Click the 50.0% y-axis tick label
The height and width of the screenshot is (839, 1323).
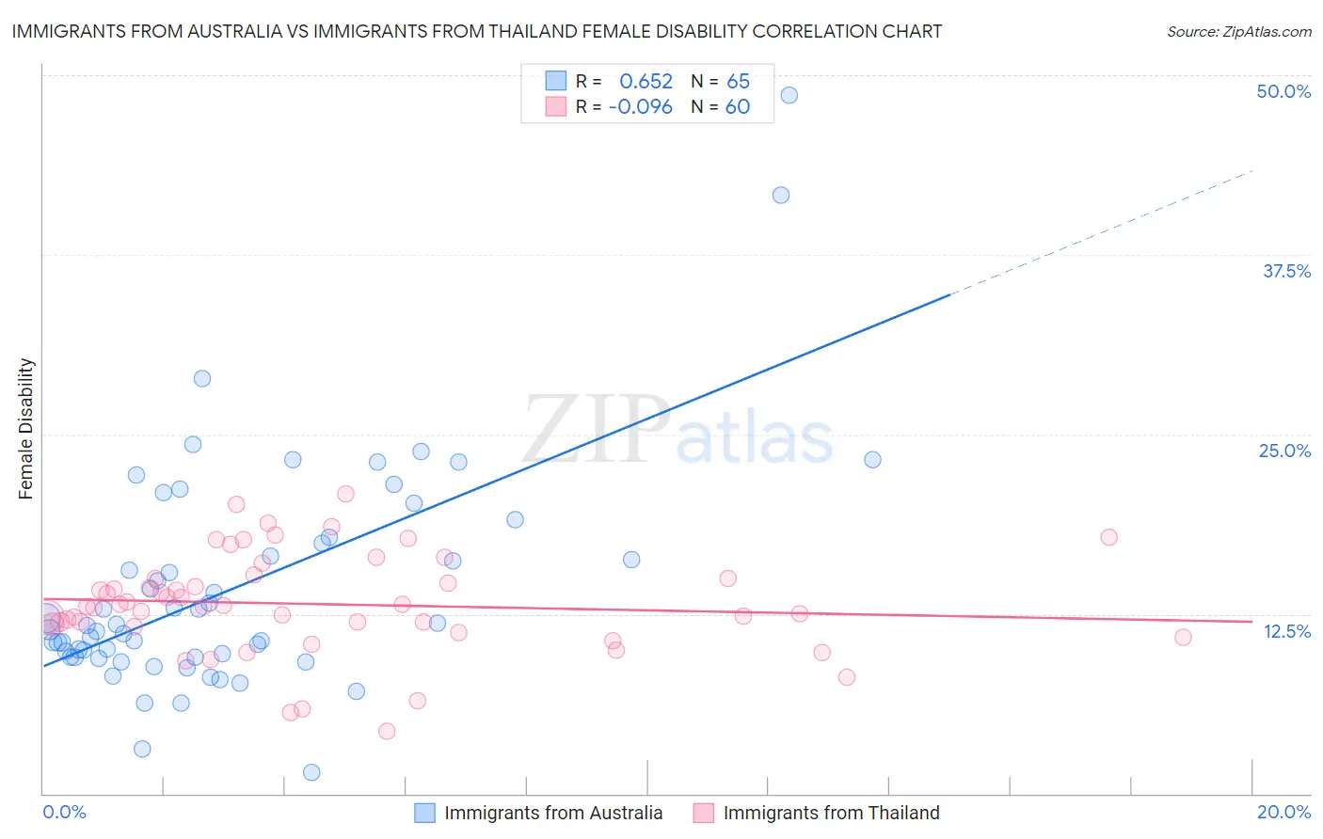(1283, 91)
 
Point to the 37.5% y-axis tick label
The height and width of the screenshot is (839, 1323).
(1286, 271)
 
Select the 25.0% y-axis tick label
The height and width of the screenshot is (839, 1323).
(1284, 451)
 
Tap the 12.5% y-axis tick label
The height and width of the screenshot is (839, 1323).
(1286, 631)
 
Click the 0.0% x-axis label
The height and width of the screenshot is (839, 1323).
(64, 812)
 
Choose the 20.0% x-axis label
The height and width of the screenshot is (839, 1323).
(1283, 812)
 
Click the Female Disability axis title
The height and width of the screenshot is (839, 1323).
(26, 429)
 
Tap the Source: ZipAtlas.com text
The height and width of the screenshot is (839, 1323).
(1238, 31)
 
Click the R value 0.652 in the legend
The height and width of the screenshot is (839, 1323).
(646, 82)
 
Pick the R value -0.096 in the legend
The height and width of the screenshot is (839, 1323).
(641, 107)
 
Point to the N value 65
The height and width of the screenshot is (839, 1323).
(738, 82)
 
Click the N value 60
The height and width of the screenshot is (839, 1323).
(737, 107)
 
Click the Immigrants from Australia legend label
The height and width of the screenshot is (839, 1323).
(553, 813)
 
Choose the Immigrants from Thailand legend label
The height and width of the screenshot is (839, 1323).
(831, 813)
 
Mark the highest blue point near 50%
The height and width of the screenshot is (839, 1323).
(789, 95)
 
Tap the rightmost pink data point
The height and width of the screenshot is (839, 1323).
(1183, 637)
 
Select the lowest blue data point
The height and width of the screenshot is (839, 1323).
(311, 772)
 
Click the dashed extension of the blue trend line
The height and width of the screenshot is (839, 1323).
(1101, 232)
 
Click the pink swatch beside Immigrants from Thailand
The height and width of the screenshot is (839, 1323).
(703, 813)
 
